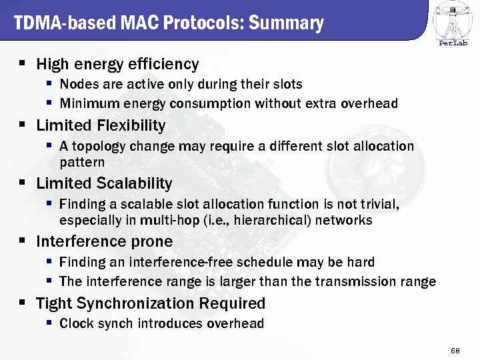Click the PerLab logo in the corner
tap(453, 23)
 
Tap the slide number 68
tap(455, 350)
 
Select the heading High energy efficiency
tap(117, 64)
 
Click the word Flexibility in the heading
tap(131, 125)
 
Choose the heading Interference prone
tap(104, 241)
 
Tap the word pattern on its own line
tap(82, 162)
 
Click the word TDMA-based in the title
tap(55, 24)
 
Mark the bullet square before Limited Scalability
tap(22, 183)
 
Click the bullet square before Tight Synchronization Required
tap(22, 303)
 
